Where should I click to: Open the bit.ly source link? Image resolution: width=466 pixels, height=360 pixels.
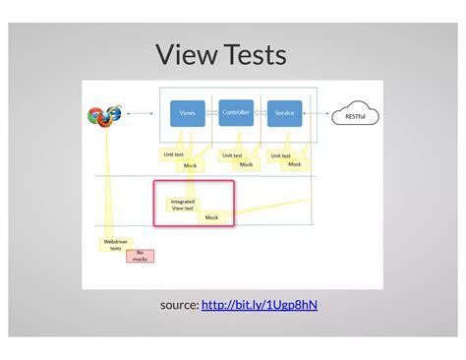(x=260, y=305)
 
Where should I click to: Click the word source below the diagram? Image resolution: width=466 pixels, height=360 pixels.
(x=179, y=305)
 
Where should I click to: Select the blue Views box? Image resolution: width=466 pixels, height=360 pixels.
(x=187, y=113)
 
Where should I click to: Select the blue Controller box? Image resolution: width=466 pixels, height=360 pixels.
(x=236, y=112)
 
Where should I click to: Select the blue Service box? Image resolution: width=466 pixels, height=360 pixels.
(x=284, y=113)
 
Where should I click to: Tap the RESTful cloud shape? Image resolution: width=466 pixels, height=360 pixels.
(x=355, y=116)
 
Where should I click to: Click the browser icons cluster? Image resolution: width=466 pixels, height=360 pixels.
(x=103, y=116)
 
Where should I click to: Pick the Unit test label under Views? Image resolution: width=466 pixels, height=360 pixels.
(x=173, y=154)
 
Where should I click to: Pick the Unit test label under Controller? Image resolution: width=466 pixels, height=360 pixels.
(x=233, y=154)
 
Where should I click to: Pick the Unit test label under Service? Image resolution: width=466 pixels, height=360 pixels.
(x=281, y=154)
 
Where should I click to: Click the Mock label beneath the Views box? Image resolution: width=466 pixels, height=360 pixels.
(x=191, y=165)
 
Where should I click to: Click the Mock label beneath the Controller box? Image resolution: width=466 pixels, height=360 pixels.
(x=246, y=164)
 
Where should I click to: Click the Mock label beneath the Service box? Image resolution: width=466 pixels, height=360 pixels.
(x=294, y=164)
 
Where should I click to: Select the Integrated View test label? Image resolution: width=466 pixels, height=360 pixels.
(x=183, y=205)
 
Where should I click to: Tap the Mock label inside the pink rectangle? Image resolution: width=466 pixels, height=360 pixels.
(x=211, y=217)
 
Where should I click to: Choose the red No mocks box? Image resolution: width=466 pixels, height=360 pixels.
(x=141, y=256)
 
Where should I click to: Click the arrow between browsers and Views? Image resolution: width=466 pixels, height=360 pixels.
(x=142, y=114)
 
